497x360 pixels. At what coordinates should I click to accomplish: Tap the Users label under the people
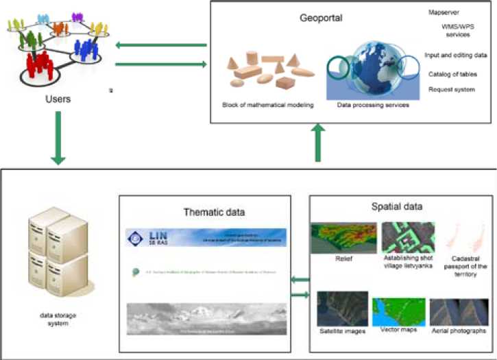point(57,99)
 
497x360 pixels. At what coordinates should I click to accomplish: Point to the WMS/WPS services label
point(461,31)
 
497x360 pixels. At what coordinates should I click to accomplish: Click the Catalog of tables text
point(452,73)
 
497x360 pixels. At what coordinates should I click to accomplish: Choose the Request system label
point(452,90)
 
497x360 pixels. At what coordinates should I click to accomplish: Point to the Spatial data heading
point(401,206)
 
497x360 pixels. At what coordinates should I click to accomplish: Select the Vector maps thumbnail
point(396,312)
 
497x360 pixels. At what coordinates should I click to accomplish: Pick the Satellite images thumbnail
point(341,309)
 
